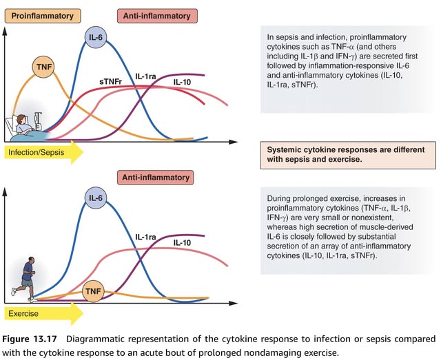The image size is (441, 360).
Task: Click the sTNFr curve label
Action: [x=111, y=81]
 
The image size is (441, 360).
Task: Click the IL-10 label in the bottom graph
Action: [x=183, y=242]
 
